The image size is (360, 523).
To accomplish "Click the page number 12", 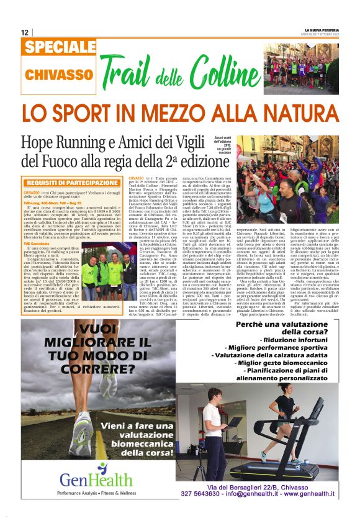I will click(24, 32).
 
